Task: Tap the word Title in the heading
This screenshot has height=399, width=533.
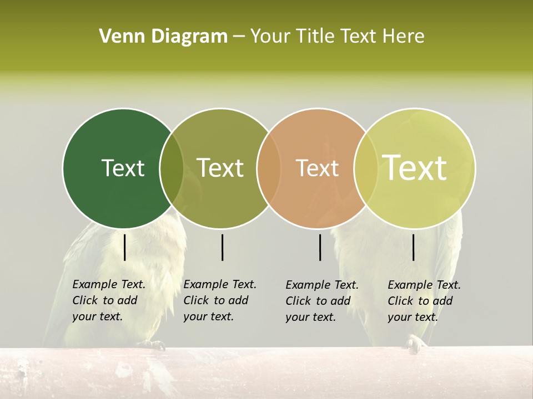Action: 316,37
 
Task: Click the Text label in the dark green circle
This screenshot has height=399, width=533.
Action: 123,168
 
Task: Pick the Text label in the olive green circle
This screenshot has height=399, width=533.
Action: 220,168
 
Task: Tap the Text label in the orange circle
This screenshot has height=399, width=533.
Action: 317,168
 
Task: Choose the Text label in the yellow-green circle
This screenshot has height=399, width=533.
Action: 415,167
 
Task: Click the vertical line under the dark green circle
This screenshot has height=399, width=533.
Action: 125,247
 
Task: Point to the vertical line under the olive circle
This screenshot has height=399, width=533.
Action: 223,247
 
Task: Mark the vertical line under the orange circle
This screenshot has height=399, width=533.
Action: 320,247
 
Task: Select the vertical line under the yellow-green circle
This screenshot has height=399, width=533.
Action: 414,247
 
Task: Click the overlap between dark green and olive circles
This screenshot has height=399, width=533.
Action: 172,168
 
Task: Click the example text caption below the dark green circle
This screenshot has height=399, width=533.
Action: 108,300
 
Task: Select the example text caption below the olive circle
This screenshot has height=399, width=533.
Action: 219,300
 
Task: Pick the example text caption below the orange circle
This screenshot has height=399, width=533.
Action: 321,301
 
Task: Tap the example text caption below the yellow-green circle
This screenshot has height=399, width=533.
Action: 424,301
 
